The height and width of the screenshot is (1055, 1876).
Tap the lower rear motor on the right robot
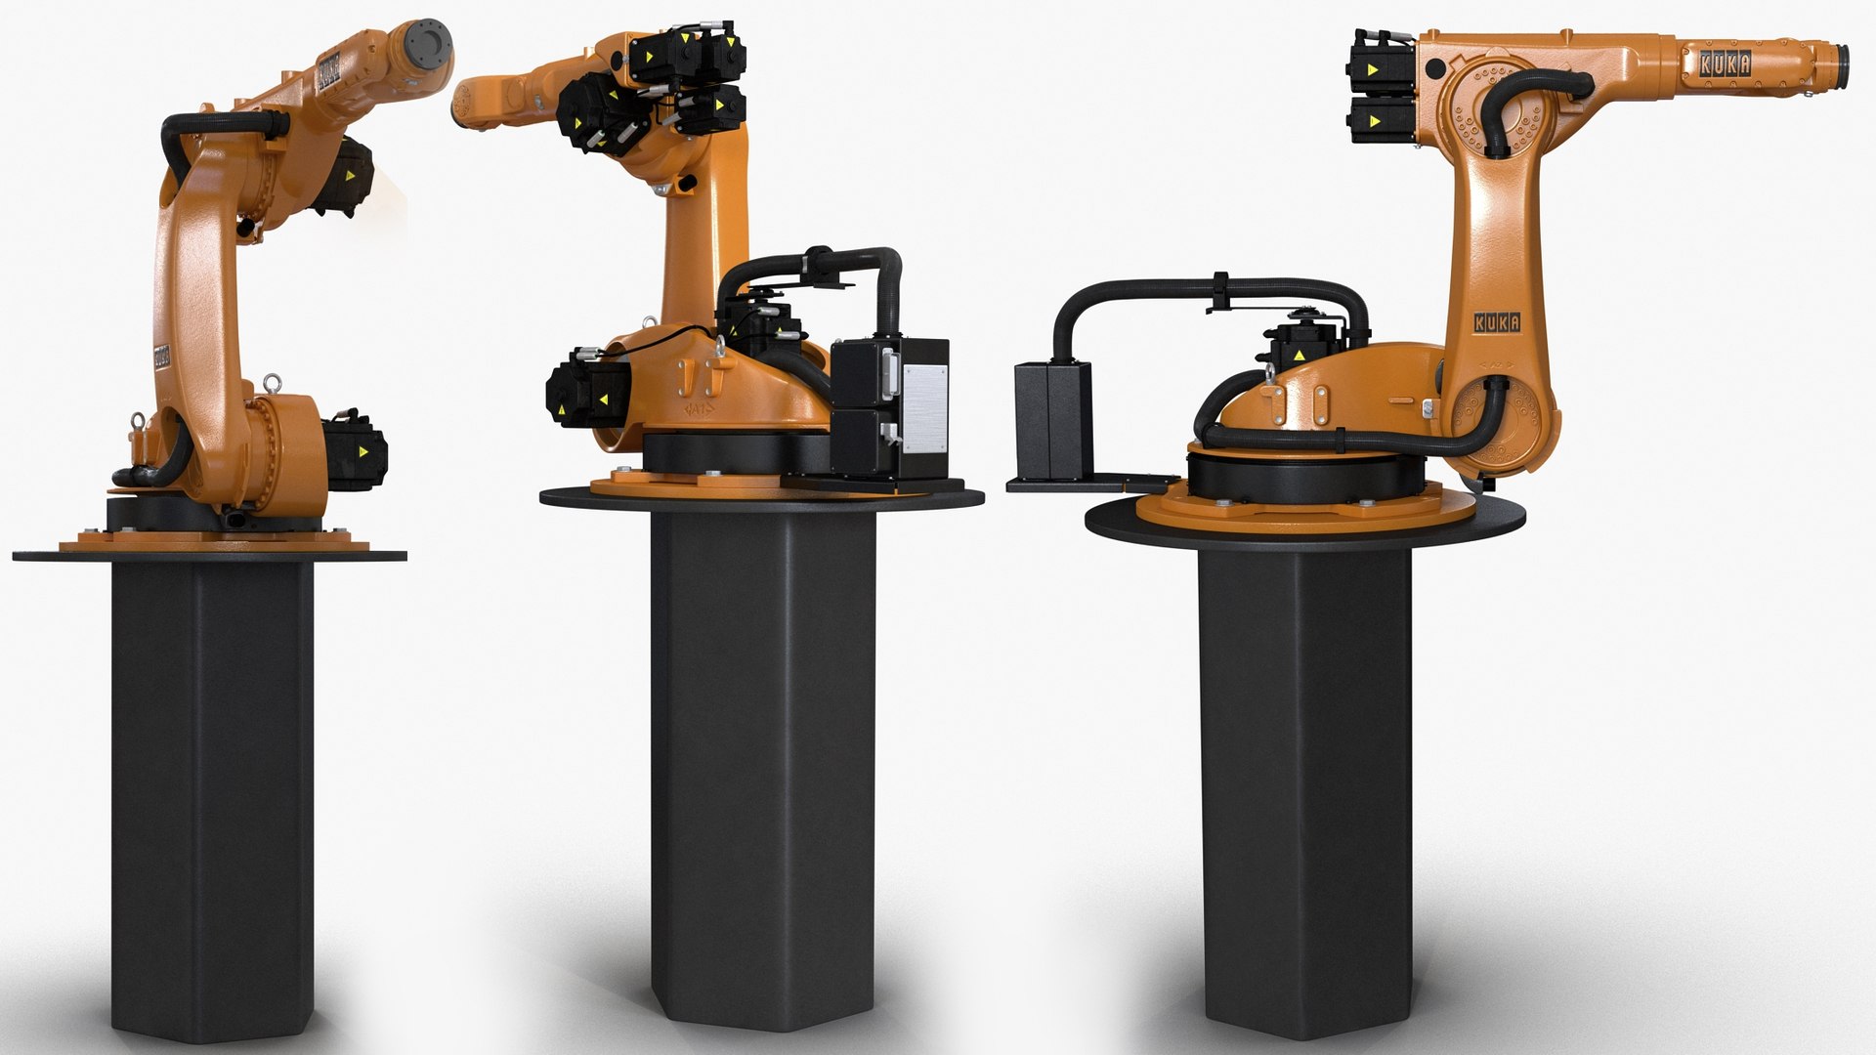pos(1380,122)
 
